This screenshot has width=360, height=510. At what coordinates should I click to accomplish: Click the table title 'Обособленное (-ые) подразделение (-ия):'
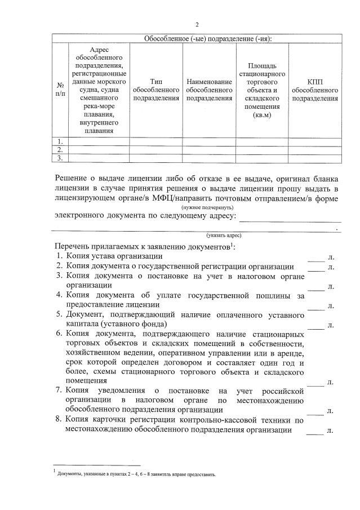197,38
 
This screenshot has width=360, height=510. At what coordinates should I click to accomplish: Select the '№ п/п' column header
60,90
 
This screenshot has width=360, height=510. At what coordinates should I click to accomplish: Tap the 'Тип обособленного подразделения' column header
156,90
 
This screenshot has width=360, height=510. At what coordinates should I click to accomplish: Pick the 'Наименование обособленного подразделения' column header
209,90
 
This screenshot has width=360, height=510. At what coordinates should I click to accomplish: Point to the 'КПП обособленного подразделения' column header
315,90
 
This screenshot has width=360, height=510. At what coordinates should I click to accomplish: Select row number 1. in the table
60,141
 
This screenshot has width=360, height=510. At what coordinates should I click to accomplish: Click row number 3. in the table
60,158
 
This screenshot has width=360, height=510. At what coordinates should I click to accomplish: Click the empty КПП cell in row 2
315,149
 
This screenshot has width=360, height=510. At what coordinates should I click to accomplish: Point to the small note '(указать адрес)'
224,235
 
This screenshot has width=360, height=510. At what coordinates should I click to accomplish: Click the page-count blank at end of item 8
316,431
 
